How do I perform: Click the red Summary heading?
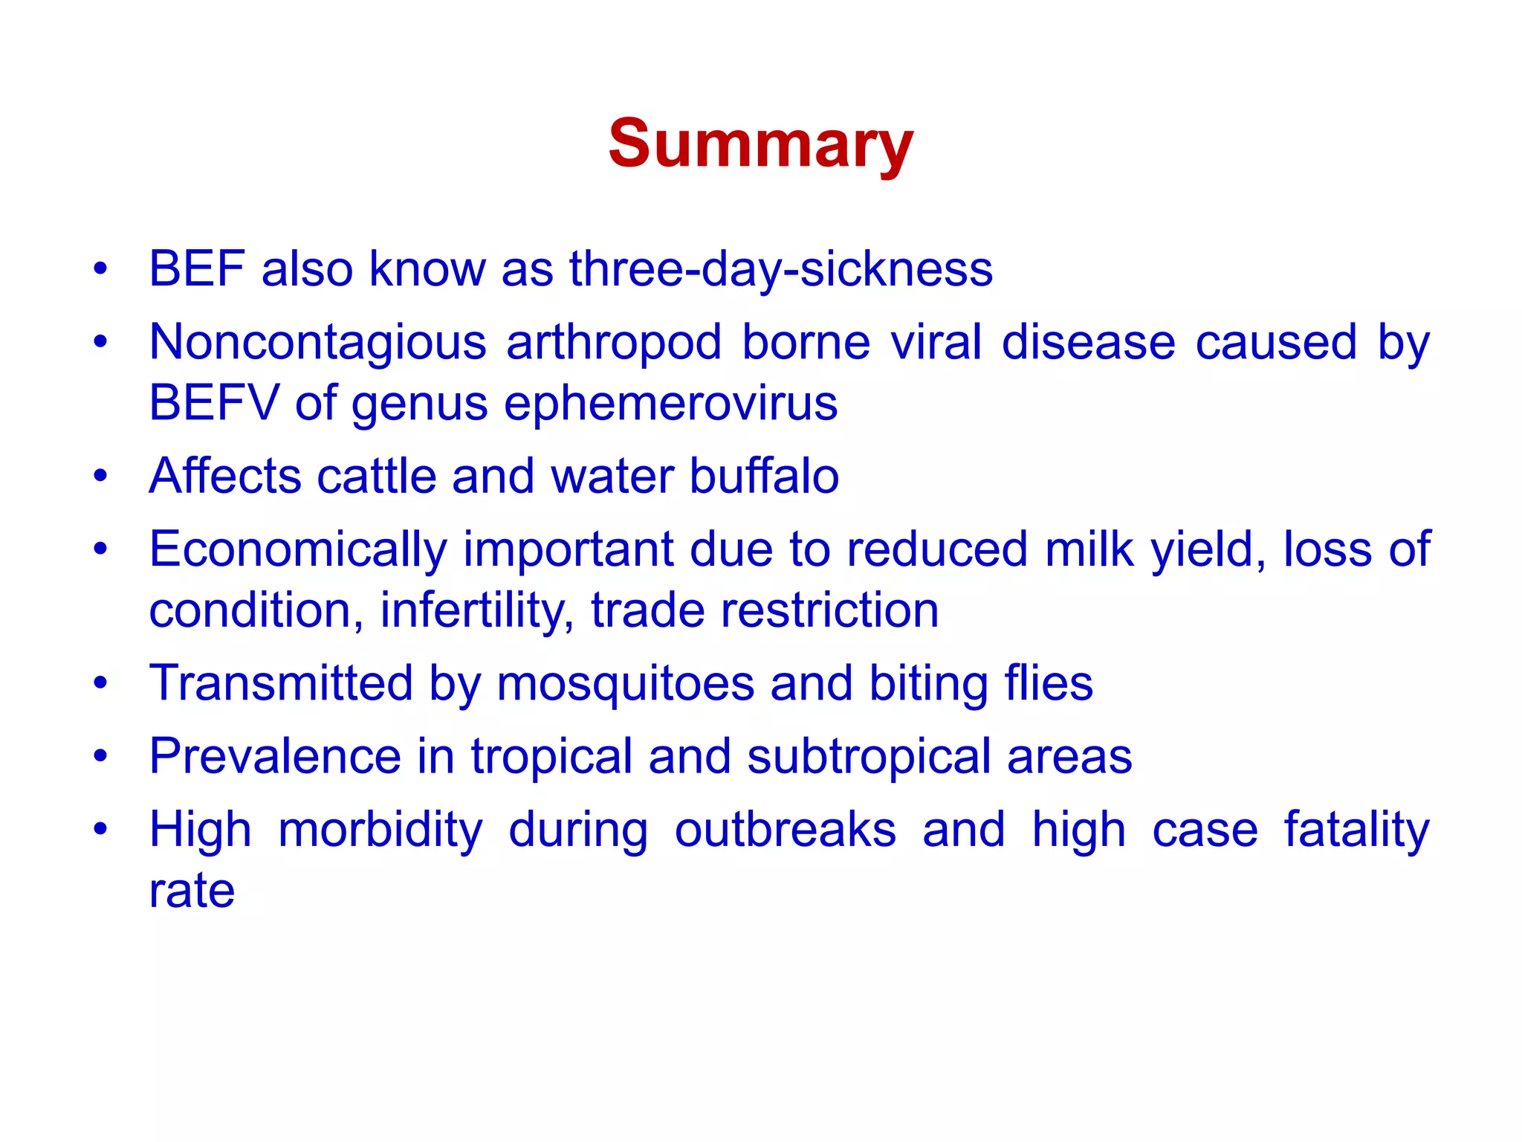point(760,145)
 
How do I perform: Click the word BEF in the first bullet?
point(197,269)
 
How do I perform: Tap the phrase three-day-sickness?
point(780,269)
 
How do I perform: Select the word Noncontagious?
point(318,343)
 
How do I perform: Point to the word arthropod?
point(614,343)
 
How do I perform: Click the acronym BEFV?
point(213,403)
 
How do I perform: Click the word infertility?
point(476,611)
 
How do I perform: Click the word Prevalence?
point(275,757)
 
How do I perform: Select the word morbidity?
point(380,830)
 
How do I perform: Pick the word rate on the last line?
point(192,891)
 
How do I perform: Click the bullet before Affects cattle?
point(100,476)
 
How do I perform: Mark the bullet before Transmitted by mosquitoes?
point(100,683)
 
